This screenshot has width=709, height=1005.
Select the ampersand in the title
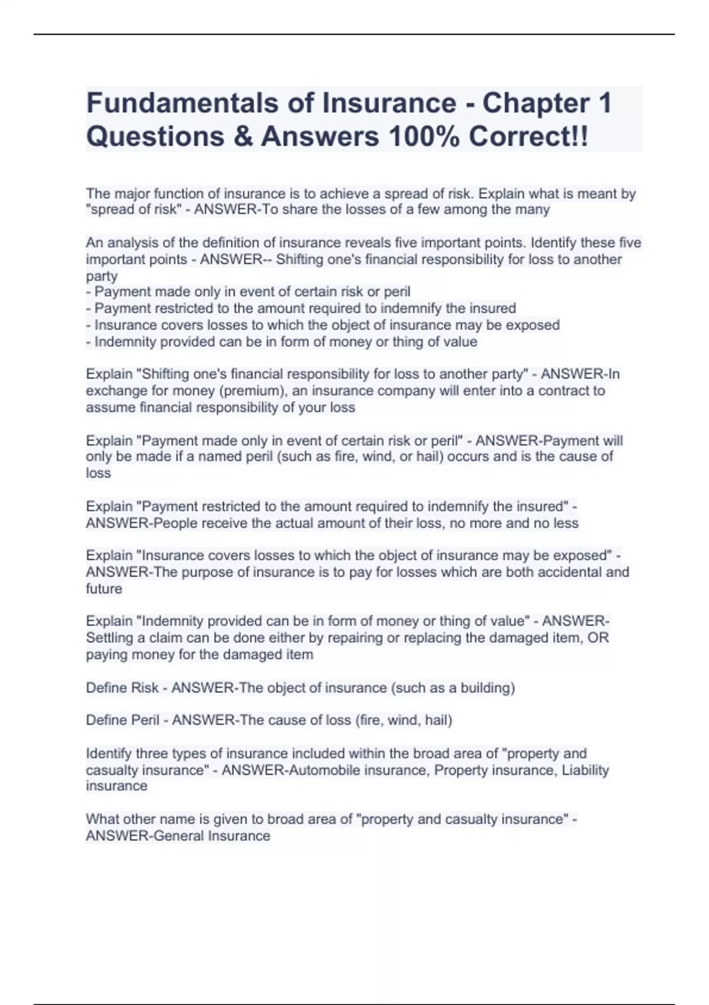tap(242, 137)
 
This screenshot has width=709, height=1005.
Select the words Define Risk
tap(122, 688)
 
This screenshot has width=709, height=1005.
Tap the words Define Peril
tap(122, 720)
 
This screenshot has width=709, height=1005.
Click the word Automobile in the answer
tap(326, 770)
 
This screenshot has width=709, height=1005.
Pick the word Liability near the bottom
tap(585, 770)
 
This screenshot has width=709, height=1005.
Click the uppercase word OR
tap(597, 638)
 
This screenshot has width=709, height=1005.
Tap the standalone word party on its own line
tap(102, 276)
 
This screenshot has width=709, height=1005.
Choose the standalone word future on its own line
tap(104, 589)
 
